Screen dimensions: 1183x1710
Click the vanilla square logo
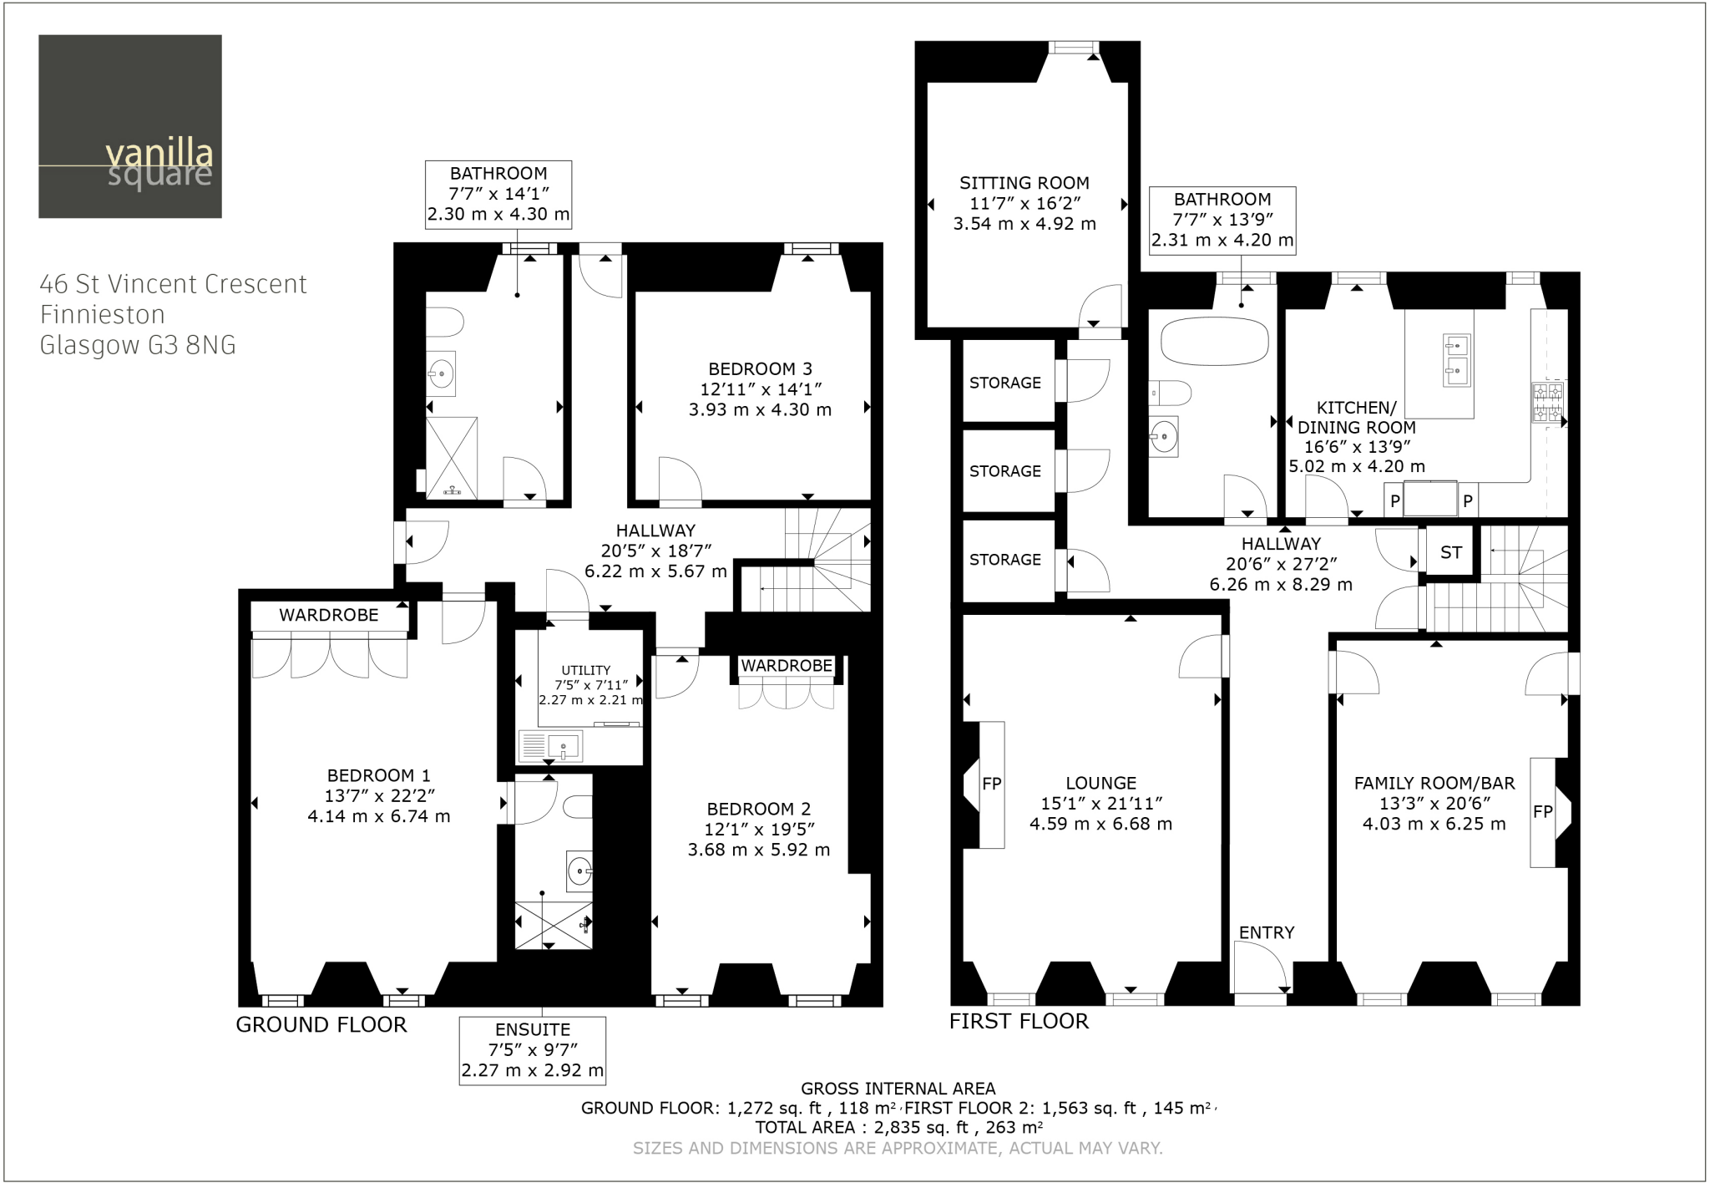click(130, 126)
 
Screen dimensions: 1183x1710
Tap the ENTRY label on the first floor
click(1266, 932)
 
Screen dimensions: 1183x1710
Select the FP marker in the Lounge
click(991, 784)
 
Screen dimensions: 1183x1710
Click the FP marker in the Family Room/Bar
click(1542, 811)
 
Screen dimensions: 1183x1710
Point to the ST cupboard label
click(1450, 552)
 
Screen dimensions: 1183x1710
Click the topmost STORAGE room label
click(1004, 383)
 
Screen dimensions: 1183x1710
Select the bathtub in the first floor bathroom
click(1214, 341)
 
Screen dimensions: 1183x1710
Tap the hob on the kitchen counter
click(1547, 402)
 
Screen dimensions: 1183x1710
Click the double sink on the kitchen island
click(1456, 359)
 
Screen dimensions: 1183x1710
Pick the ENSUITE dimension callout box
click(532, 1050)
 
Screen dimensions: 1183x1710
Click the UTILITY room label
click(585, 670)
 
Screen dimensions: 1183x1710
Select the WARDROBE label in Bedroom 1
click(328, 616)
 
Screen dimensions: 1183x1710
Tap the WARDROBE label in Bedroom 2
click(787, 666)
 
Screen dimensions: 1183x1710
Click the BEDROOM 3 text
click(759, 368)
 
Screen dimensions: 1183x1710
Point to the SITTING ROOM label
click(1024, 183)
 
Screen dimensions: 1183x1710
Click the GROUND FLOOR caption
click(321, 1024)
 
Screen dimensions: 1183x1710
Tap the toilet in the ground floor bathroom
click(443, 322)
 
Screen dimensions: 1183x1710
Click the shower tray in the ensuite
click(553, 925)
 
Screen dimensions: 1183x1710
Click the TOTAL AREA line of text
click(899, 1127)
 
